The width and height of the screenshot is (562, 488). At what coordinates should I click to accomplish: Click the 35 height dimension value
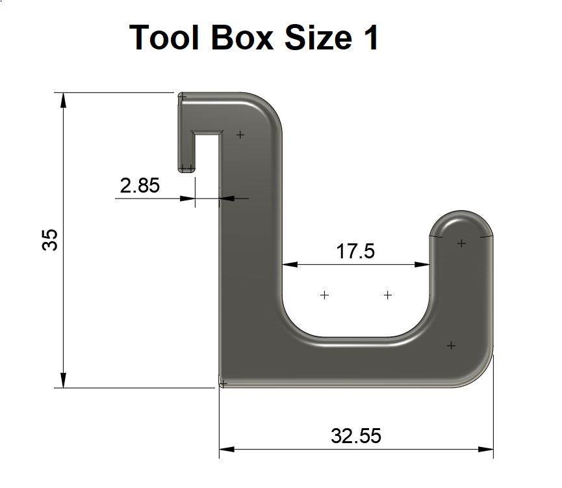pos(50,239)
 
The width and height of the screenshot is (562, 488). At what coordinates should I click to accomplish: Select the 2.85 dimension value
pos(140,185)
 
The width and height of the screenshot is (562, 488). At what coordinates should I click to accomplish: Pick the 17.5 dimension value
pos(355,251)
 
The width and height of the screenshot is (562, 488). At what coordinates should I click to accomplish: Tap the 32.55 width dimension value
pos(355,435)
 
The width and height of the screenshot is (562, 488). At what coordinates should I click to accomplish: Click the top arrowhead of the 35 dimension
pos(63,100)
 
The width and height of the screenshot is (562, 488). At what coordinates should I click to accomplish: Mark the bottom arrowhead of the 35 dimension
pos(63,381)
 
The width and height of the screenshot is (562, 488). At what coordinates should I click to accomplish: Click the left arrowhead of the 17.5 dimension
pos(289,265)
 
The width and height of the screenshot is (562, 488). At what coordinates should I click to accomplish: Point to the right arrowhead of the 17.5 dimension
pos(423,265)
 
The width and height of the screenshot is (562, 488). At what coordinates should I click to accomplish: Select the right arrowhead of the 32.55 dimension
pos(486,449)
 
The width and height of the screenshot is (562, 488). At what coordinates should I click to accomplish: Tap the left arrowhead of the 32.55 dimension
pos(226,449)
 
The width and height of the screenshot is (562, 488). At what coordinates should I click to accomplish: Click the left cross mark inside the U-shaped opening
pos(325,295)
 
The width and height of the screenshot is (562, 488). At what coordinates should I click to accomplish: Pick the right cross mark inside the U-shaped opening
pos(388,295)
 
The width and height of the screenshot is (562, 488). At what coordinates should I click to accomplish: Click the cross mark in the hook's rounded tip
pos(461,243)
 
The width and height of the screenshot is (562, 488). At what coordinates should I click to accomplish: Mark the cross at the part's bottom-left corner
pos(224,384)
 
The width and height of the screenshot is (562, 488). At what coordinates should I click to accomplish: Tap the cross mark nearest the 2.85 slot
pos(240,135)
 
